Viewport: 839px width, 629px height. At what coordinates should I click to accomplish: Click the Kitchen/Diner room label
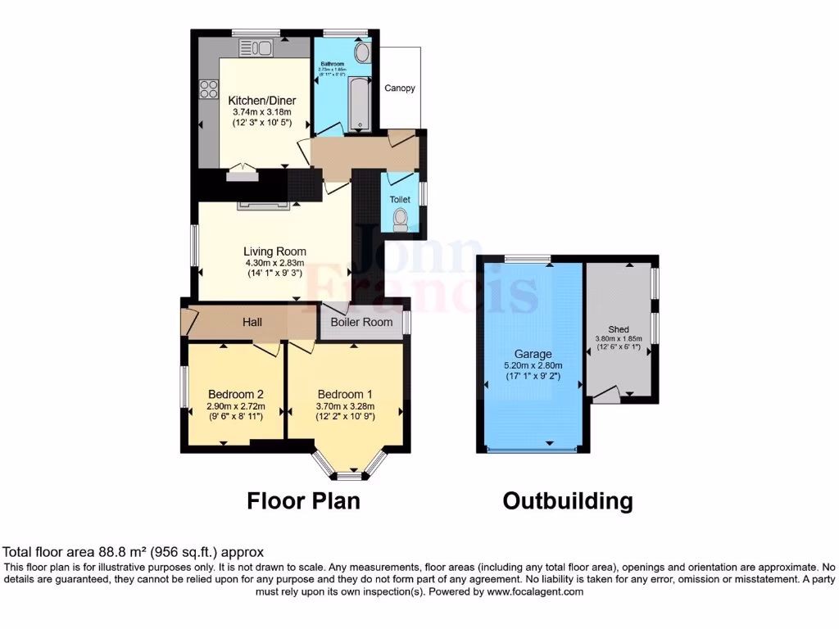262,101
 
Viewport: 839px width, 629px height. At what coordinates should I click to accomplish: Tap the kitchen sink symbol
255,49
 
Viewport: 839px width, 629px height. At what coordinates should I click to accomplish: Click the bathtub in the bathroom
360,105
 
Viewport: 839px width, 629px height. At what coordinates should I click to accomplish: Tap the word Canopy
400,88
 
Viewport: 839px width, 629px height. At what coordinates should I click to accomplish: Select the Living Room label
275,251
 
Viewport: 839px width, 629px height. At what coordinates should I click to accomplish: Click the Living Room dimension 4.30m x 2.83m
275,263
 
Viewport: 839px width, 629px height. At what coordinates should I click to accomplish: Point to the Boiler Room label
361,323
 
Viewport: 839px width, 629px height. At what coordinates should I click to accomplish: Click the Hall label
252,323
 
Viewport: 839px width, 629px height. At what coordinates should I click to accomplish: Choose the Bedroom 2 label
235,391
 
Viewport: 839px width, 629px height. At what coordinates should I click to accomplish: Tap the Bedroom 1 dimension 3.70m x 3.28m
346,405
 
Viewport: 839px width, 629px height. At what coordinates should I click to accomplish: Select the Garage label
533,354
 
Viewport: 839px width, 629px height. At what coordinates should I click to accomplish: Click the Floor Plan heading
303,500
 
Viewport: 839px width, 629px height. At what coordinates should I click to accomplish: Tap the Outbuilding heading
567,500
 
